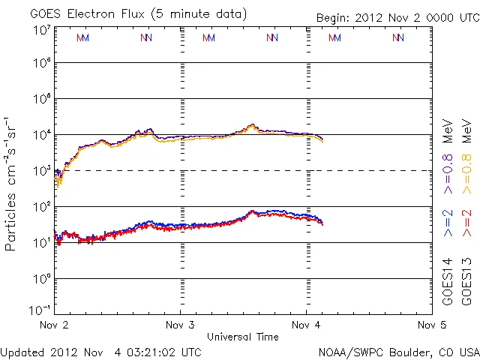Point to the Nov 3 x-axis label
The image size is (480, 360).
[179, 325]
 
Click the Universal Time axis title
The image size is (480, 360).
[243, 337]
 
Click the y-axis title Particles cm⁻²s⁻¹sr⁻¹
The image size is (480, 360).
[12, 183]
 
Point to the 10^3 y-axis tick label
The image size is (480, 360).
[41, 171]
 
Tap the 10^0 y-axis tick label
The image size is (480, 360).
[41, 279]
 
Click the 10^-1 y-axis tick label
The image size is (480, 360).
[40, 310]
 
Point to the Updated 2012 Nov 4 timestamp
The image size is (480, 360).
[101, 352]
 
